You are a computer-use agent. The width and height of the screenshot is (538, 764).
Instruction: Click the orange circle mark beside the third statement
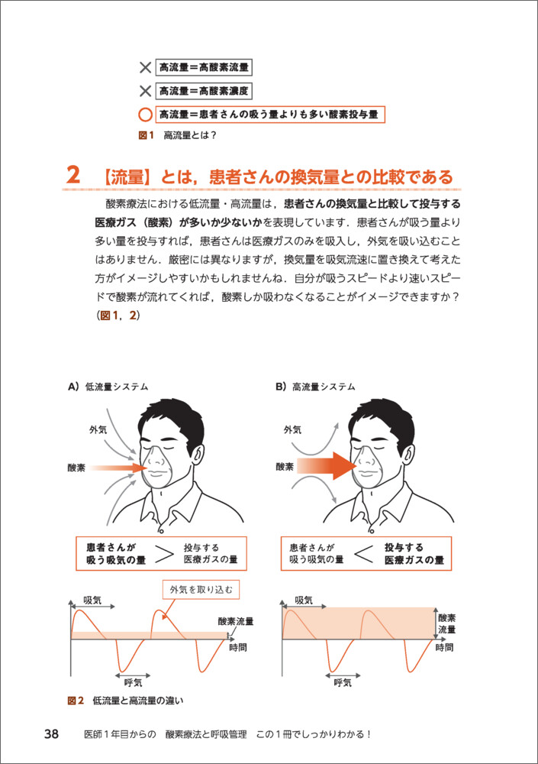(145, 115)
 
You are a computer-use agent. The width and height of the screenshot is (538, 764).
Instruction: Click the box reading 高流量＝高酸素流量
(204, 67)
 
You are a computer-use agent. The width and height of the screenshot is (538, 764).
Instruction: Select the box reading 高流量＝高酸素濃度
(204, 91)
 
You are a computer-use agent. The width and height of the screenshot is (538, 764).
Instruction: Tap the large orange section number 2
(73, 174)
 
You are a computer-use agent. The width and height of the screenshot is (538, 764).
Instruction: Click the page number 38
(51, 733)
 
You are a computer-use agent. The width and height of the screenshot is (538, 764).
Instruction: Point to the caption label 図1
(146, 135)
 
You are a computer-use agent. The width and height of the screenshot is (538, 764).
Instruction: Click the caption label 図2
(76, 701)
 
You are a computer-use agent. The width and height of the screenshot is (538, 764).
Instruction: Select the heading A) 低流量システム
(108, 387)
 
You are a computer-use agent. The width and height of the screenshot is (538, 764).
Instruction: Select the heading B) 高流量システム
(315, 387)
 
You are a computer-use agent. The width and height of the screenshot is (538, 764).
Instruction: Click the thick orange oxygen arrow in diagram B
(327, 466)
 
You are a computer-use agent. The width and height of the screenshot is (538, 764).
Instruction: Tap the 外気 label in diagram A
(98, 429)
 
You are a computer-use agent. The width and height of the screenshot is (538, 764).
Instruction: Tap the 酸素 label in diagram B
(285, 467)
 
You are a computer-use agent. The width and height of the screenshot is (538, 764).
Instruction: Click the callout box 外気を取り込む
(201, 590)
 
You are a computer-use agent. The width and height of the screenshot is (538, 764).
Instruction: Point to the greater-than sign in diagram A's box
(164, 553)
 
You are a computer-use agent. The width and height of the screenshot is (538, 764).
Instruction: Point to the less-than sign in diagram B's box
(364, 553)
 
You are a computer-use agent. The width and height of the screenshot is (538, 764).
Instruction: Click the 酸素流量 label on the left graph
(236, 621)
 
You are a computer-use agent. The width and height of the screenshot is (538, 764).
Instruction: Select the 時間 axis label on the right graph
(444, 647)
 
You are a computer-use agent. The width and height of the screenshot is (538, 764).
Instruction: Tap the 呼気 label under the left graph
(133, 682)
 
